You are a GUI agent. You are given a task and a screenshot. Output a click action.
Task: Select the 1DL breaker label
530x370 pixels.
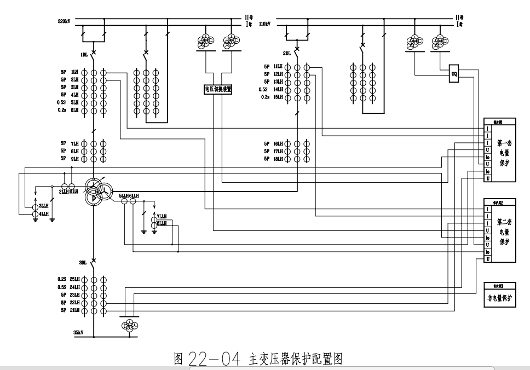coord(84,55)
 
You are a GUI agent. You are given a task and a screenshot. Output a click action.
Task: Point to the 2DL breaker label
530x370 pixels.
coord(286,54)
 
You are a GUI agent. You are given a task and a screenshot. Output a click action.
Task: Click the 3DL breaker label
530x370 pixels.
coord(83,263)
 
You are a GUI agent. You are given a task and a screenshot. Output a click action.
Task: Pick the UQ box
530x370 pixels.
coord(454,74)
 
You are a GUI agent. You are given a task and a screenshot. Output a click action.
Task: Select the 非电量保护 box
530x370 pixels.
coord(499,298)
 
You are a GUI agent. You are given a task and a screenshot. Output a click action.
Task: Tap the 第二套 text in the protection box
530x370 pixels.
coord(504,222)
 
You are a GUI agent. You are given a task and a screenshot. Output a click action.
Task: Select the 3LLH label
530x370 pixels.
coord(44,206)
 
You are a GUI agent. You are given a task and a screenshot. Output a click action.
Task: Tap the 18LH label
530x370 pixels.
coord(278,159)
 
